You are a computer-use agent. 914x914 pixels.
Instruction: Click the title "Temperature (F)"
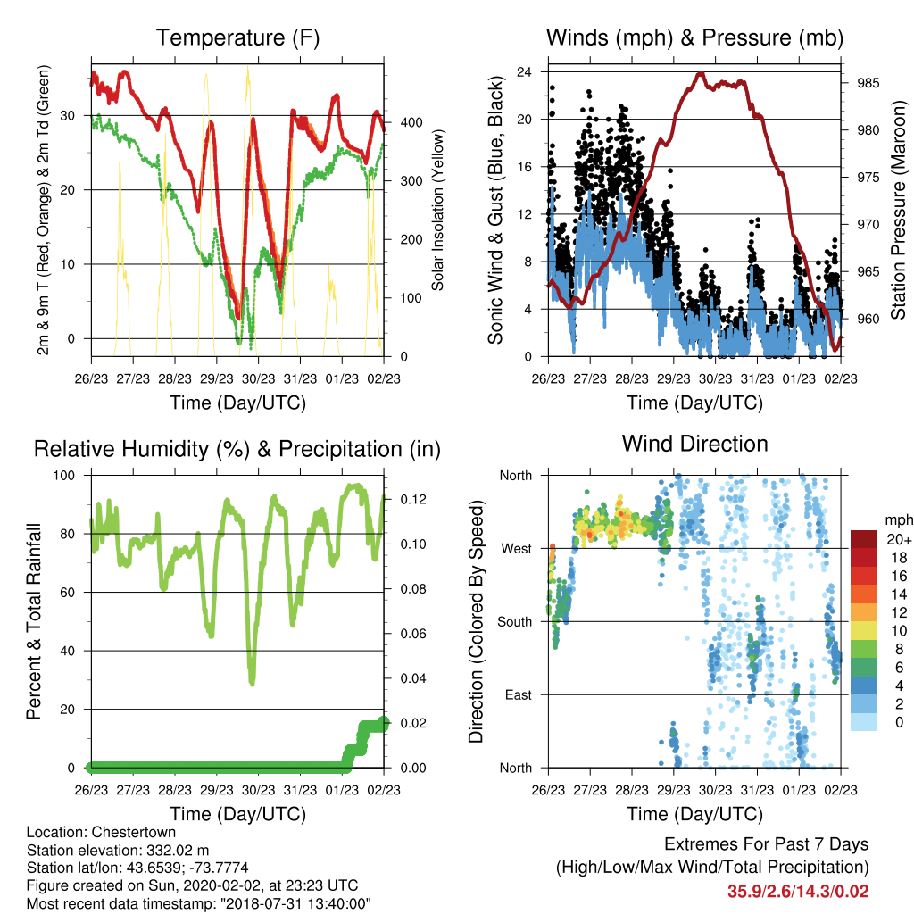pyautogui.click(x=237, y=37)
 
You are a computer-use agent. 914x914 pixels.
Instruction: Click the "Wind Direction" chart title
pyautogui.click(x=694, y=444)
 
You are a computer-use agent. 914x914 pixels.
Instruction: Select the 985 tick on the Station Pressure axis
pyautogui.click(x=868, y=83)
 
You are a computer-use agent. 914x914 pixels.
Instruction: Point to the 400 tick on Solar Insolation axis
pyautogui.click(x=411, y=123)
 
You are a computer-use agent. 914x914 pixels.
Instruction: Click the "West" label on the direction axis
pyautogui.click(x=517, y=549)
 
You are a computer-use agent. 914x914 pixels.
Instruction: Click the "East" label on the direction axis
pyautogui.click(x=519, y=694)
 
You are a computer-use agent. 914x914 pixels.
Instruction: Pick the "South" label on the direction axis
pyautogui.click(x=515, y=622)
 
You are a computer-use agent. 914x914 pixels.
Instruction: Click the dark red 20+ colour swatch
pyautogui.click(x=864, y=539)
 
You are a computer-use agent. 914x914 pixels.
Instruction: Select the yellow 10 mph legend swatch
pyautogui.click(x=864, y=631)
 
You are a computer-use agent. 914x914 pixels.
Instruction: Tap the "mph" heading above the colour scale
pyautogui.click(x=899, y=520)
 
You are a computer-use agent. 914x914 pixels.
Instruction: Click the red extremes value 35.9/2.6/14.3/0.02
pyautogui.click(x=798, y=892)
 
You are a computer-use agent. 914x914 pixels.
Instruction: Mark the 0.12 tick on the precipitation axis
pyautogui.click(x=413, y=500)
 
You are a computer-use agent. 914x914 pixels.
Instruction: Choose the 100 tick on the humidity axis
pyautogui.click(x=64, y=475)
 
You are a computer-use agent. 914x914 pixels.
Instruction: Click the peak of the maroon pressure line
pyautogui.click(x=701, y=73)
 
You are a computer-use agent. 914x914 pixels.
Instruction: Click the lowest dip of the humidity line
pyautogui.click(x=252, y=683)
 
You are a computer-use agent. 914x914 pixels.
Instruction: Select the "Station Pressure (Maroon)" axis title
pyautogui.click(x=898, y=210)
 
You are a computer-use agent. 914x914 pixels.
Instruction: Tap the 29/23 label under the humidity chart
pyautogui.click(x=217, y=790)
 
